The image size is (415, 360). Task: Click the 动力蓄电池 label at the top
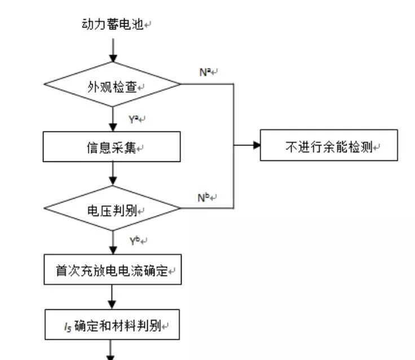coord(113,25)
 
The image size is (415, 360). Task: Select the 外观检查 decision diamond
coord(112,85)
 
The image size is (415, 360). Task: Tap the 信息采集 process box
coord(112,147)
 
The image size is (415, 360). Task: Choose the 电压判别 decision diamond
coord(112,209)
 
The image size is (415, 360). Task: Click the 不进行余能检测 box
coord(329,146)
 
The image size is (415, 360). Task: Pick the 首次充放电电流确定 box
coord(112,270)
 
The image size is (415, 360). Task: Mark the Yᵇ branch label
coord(136,242)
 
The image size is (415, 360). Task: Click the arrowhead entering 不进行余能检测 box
coord(256,146)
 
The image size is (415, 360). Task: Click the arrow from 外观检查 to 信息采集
coord(113,120)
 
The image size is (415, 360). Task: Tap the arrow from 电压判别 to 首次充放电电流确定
coord(113,243)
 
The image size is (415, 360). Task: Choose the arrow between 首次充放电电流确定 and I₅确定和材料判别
coord(113,297)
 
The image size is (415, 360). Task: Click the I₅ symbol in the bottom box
coord(67,326)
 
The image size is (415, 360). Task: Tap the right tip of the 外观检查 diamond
coord(180,85)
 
